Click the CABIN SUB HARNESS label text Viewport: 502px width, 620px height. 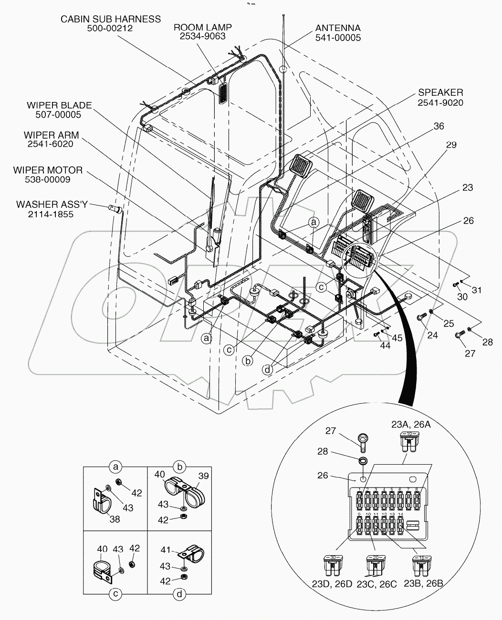pyautogui.click(x=110, y=19)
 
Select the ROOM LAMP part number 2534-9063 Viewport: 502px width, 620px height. pyautogui.click(x=199, y=36)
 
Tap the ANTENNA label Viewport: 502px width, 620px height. pyautogui.click(x=338, y=29)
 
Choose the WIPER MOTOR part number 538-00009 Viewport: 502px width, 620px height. pyautogui.click(x=48, y=179)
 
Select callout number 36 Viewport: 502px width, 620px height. pyautogui.click(x=439, y=126)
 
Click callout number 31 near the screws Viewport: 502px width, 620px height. pyautogui.click(x=477, y=290)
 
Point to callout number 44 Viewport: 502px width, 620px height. pyautogui.click(x=385, y=345)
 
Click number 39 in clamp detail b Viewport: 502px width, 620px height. pyautogui.click(x=204, y=476)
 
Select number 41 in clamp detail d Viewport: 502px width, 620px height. pyautogui.click(x=166, y=549)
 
